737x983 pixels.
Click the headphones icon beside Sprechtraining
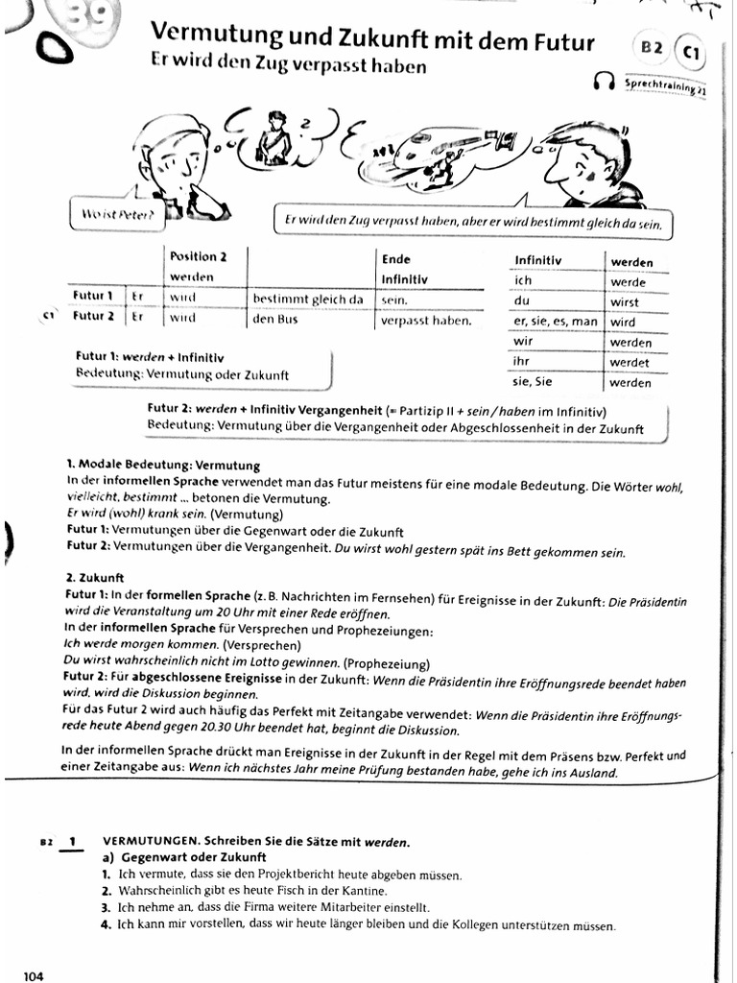(x=604, y=83)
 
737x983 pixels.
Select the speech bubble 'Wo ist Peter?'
(x=117, y=212)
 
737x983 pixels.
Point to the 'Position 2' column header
(x=199, y=256)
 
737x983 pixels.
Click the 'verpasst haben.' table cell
(x=426, y=321)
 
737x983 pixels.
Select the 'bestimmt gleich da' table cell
(x=307, y=299)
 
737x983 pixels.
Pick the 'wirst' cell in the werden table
(x=625, y=301)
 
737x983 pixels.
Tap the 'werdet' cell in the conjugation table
(x=630, y=362)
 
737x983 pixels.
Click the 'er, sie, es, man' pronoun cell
(x=556, y=322)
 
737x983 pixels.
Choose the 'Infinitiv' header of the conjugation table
(x=538, y=260)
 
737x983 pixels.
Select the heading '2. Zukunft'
(x=95, y=579)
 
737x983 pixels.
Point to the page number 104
(x=34, y=976)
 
